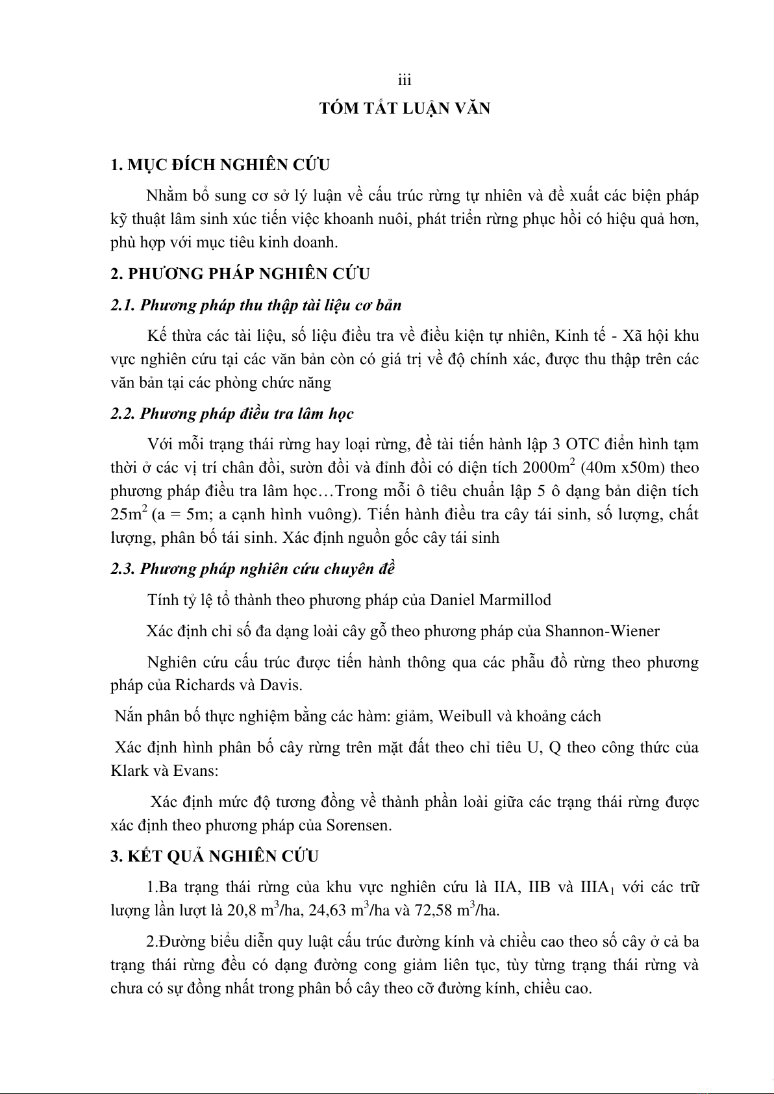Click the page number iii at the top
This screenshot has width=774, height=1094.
point(405,81)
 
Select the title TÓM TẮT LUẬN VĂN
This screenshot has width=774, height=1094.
point(405,108)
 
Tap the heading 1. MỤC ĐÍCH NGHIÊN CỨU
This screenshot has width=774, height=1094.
point(220,165)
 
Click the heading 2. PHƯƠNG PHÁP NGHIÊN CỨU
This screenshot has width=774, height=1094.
point(240,274)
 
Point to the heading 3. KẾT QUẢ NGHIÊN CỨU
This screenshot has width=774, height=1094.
point(214,856)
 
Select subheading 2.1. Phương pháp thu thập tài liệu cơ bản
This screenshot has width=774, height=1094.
point(256,305)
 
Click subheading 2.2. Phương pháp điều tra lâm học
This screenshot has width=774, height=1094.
point(232,414)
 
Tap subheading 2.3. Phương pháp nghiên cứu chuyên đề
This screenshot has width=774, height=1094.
point(253,569)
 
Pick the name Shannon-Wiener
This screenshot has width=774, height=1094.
point(602,631)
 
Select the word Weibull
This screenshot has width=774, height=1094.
point(465,716)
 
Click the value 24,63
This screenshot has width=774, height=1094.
point(327,910)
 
